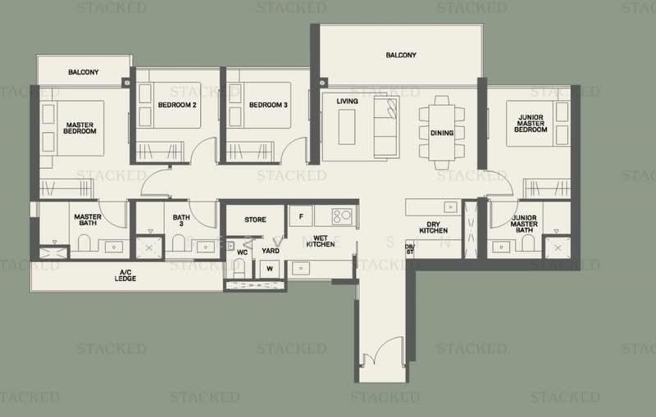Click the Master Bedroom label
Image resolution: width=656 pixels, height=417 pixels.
click(80, 128)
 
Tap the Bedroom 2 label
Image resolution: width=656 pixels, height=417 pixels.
click(177, 105)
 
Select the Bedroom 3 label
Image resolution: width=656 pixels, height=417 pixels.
click(267, 105)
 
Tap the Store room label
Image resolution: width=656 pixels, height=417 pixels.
click(255, 220)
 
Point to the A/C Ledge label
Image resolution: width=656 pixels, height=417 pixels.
click(126, 276)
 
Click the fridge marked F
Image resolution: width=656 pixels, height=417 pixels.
click(301, 215)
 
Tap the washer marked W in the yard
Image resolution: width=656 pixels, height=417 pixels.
click(268, 269)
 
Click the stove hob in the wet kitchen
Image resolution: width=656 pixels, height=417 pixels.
click(341, 216)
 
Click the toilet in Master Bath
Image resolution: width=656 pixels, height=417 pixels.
click(83, 244)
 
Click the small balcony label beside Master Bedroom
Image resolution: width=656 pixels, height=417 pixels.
click(84, 73)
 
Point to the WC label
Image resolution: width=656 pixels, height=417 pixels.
click(242, 252)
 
